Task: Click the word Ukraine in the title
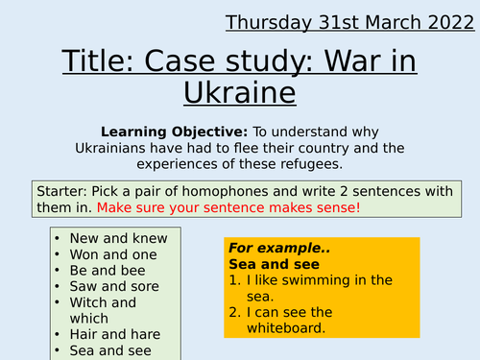click(x=240, y=93)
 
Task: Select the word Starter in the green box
click(x=60, y=188)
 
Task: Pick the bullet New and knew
click(x=118, y=238)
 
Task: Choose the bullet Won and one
click(x=113, y=254)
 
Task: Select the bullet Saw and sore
click(x=114, y=286)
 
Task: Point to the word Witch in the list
click(x=90, y=302)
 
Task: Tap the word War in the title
click(x=351, y=62)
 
